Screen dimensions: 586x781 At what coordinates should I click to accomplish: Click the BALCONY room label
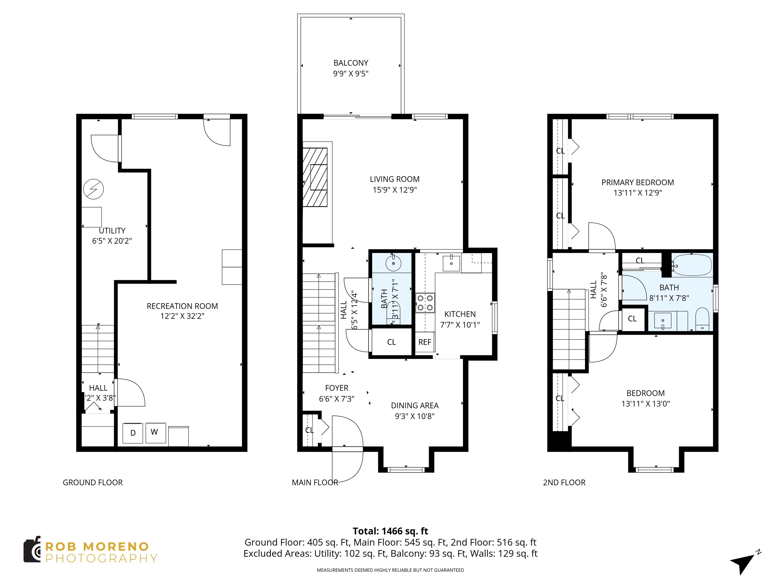coord(351,63)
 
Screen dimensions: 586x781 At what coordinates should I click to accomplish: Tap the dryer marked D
coord(133,433)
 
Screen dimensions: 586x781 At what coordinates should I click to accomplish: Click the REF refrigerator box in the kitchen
coord(425,342)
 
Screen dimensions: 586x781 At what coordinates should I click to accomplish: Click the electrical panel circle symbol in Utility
coord(94,189)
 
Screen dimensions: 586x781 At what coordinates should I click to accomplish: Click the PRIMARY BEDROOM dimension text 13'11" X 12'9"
coord(638,193)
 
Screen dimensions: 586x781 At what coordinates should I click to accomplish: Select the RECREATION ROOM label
coord(182,306)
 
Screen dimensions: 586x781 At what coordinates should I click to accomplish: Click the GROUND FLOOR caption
coord(93,482)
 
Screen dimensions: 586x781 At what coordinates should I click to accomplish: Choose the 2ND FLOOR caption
coord(564,482)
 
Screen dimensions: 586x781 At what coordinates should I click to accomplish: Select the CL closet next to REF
coord(391,342)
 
